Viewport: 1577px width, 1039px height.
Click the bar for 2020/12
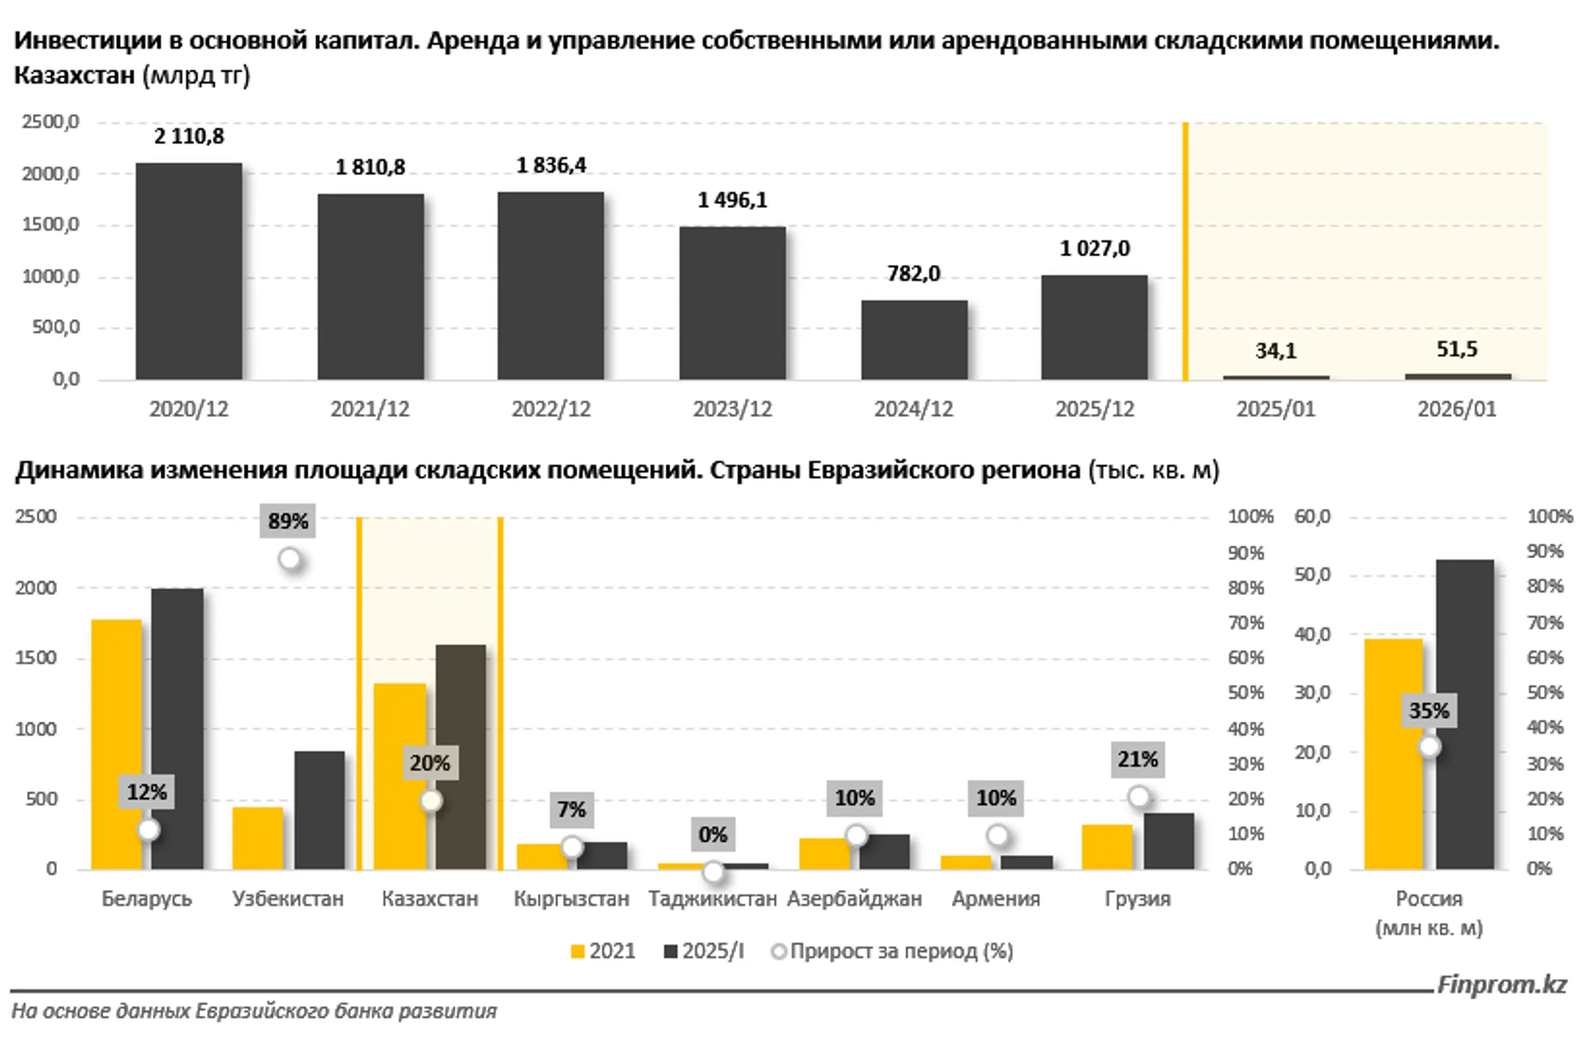click(188, 271)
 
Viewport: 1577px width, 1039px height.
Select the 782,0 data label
click(913, 274)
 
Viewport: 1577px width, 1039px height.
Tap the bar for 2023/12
click(732, 302)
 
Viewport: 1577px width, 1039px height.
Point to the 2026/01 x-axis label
click(1457, 409)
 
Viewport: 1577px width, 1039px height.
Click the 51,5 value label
click(1457, 350)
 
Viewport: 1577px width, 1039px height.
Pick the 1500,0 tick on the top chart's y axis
click(50, 225)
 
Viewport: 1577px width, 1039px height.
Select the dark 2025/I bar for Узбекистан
click(320, 810)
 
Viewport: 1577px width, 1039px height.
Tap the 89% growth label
click(288, 521)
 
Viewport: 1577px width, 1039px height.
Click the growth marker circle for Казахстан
click(431, 801)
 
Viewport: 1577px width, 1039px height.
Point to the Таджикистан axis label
click(712, 899)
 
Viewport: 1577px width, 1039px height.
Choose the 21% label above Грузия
click(1137, 760)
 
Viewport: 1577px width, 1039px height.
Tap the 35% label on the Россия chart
click(1429, 711)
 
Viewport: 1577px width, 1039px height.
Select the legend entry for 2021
click(603, 951)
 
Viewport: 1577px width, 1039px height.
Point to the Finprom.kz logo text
click(1501, 985)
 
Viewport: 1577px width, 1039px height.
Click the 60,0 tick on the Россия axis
click(1312, 517)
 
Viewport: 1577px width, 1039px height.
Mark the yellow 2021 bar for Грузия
click(1107, 846)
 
